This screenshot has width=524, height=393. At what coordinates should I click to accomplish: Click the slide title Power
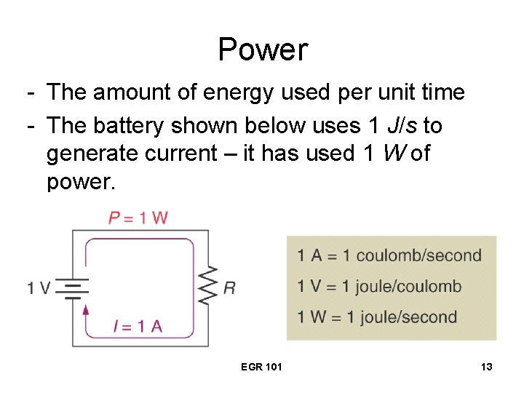coord(263,49)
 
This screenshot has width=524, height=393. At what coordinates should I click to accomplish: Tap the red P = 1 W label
coord(138,218)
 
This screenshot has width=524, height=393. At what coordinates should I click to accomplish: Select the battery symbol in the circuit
coord(73,288)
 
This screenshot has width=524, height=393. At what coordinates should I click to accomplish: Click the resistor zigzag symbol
coord(208,287)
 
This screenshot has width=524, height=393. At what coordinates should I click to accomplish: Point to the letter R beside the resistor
coord(229,288)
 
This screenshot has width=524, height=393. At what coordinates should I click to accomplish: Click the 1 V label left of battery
coord(39,288)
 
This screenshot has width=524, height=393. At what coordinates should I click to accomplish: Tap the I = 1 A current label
coord(138,326)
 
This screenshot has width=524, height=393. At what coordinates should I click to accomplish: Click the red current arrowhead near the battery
coord(87,310)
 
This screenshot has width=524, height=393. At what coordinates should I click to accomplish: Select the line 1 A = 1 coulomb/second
coord(389,255)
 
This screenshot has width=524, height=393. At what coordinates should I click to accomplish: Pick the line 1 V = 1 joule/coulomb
coord(379,286)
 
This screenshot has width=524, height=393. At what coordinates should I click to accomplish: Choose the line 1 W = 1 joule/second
coord(377,317)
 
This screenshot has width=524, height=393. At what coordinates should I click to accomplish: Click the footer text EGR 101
coord(261,367)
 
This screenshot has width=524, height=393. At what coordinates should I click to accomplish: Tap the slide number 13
coord(486,367)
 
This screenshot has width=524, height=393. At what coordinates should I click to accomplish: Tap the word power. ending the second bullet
coord(81,181)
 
